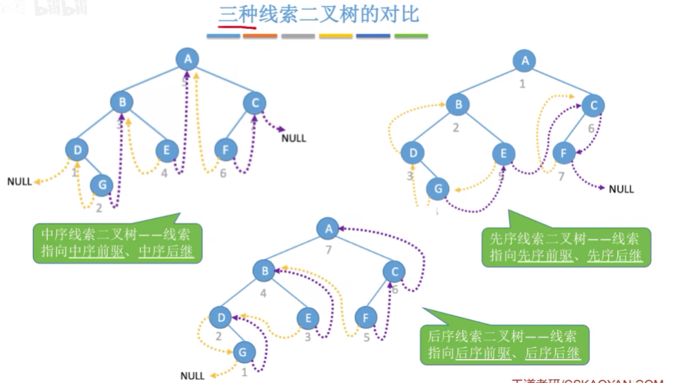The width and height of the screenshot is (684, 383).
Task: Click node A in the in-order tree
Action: [187, 59]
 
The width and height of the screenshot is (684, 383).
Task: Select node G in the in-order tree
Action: [102, 184]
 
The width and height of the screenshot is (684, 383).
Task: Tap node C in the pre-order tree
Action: [592, 105]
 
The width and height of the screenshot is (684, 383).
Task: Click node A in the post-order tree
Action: [329, 227]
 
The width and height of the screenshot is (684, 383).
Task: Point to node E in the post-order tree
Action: [308, 318]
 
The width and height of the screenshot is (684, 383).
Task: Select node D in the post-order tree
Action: [220, 317]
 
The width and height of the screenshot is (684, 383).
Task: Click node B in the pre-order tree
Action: [457, 105]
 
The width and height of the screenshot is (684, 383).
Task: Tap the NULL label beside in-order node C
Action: [294, 138]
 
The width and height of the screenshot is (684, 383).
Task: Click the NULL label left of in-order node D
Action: [19, 182]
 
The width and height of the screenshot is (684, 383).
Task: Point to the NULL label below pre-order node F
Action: [621, 189]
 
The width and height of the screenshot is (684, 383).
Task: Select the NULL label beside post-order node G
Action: [192, 375]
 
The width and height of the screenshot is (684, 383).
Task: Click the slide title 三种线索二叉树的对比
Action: [318, 15]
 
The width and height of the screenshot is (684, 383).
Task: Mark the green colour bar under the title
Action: [411, 36]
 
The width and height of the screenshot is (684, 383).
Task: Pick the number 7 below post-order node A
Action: [329, 249]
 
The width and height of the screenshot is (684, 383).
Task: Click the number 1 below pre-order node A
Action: [522, 84]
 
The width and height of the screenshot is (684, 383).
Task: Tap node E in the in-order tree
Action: [166, 149]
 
